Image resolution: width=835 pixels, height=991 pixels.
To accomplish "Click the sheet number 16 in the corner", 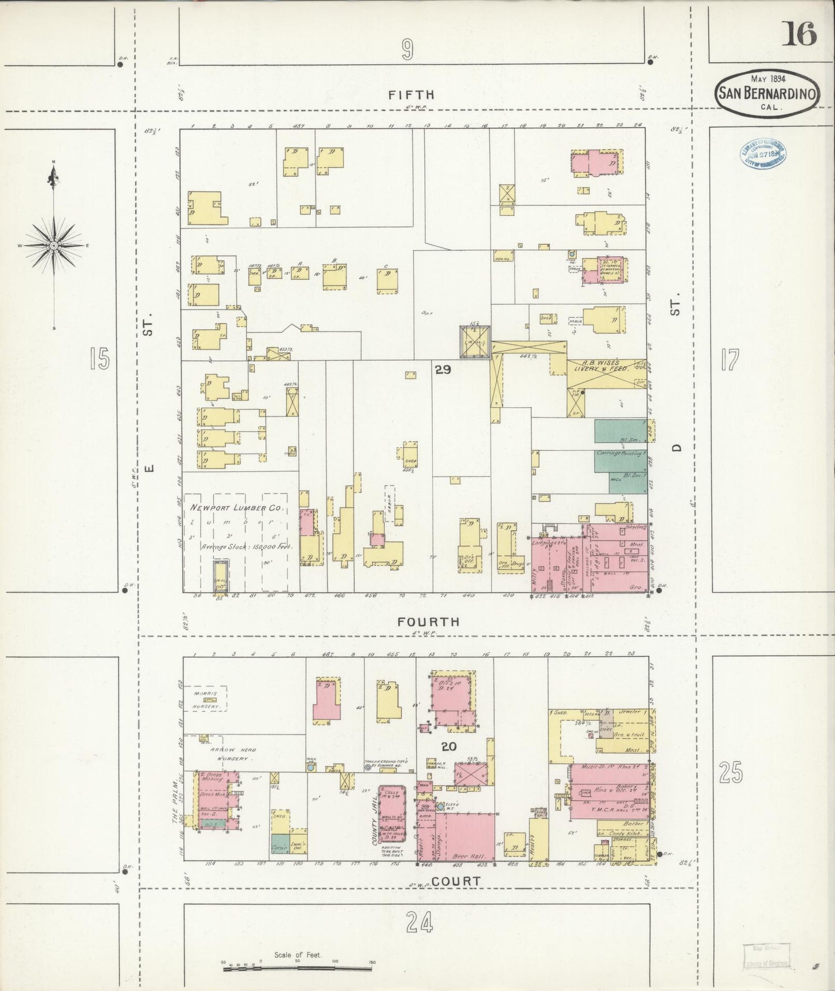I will click(800, 34).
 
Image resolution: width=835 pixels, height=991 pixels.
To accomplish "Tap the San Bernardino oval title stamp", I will click(767, 93).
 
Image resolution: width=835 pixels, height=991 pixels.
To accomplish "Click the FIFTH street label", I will click(411, 95).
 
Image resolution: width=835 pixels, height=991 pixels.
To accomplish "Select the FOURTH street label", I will click(429, 622).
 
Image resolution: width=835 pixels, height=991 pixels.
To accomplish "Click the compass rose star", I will click(54, 246).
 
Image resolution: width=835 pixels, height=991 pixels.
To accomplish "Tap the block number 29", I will click(443, 369).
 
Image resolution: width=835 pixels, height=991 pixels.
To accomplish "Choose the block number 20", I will click(448, 746).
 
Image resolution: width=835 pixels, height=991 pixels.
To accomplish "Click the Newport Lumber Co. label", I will click(237, 508).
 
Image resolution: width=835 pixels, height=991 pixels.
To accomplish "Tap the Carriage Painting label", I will click(621, 453).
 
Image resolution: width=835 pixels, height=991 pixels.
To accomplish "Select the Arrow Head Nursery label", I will click(225, 752).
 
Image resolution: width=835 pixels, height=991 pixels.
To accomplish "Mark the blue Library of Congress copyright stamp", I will click(762, 154).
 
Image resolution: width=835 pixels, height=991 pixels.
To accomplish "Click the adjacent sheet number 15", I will click(99, 360).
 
